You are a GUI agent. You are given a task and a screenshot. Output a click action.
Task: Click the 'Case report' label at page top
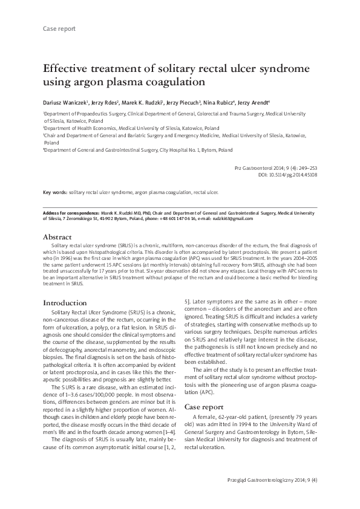point(59,28)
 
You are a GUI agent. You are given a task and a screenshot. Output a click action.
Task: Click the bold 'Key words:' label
point(55,192)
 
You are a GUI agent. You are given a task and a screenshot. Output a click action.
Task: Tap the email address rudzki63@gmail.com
point(234,219)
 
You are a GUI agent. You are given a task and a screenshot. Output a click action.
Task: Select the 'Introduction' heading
point(65,302)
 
